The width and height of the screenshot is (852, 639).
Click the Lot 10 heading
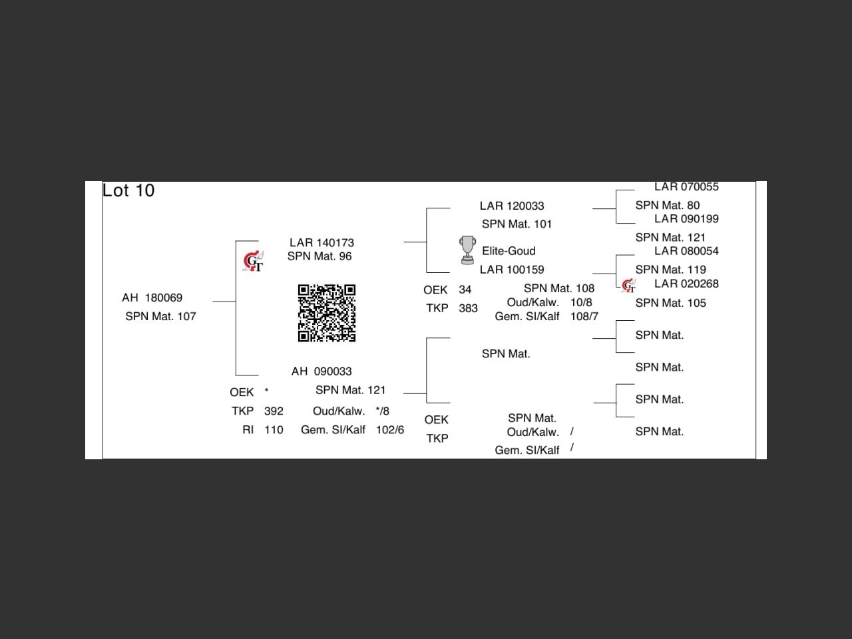(128, 190)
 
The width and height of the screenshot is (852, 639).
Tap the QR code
(326, 313)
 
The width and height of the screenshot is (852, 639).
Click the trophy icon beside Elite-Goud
(468, 250)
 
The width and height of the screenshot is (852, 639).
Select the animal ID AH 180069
(152, 298)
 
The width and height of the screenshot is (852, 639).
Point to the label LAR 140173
(321, 243)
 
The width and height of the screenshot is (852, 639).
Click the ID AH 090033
(321, 371)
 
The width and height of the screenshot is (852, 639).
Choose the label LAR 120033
(512, 206)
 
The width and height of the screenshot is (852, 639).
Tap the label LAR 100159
(512, 270)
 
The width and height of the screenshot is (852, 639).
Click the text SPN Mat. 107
(160, 316)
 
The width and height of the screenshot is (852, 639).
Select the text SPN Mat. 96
(319, 256)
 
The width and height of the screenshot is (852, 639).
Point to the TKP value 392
(274, 411)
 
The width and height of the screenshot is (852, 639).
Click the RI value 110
(274, 430)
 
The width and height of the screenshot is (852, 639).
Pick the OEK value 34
(465, 290)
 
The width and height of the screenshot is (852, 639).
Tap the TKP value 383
(468, 309)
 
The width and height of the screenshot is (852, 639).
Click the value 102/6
(389, 430)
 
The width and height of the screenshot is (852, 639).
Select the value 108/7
(584, 317)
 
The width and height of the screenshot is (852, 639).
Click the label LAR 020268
(686, 284)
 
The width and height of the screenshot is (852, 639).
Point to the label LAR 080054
(686, 251)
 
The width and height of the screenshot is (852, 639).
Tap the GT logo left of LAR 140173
(254, 262)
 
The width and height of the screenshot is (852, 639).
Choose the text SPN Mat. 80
(667, 206)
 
